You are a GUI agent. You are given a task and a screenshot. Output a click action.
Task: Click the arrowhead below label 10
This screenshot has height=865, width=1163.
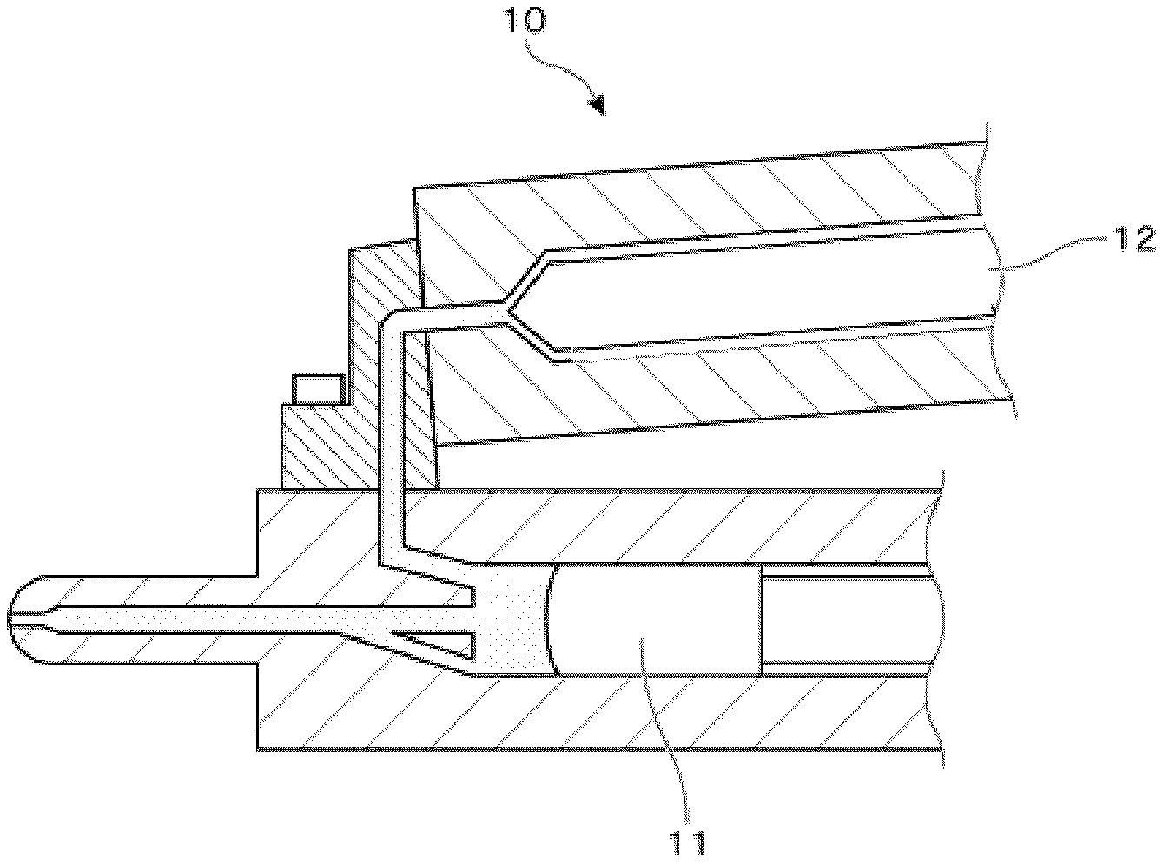(597, 107)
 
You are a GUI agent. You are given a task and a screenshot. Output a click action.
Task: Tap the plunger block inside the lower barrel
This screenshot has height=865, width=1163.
(657, 618)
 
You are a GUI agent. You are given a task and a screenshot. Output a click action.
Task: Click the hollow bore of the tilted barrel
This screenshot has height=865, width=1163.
(764, 291)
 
